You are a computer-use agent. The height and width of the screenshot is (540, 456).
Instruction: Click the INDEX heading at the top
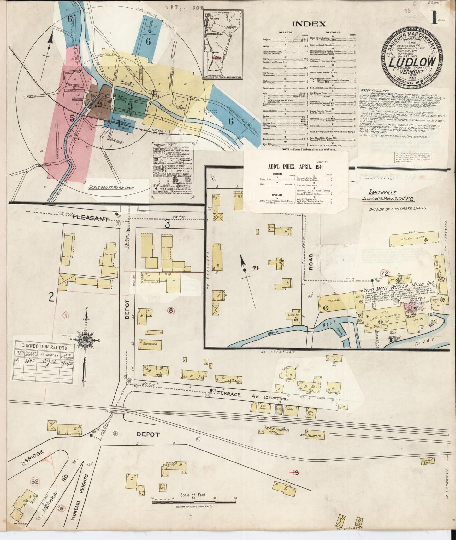point(309,24)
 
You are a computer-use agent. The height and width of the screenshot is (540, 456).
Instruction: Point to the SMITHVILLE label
point(382,192)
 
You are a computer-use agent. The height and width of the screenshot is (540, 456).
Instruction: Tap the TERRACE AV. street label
point(232,394)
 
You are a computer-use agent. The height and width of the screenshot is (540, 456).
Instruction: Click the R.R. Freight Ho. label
point(311,435)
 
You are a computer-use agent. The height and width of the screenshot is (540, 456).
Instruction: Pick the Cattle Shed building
point(427,462)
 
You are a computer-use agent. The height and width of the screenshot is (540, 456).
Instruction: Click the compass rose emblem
point(86,340)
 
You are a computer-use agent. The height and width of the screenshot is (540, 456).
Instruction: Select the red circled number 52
point(35,481)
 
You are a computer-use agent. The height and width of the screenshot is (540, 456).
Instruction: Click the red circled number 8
point(171,310)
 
